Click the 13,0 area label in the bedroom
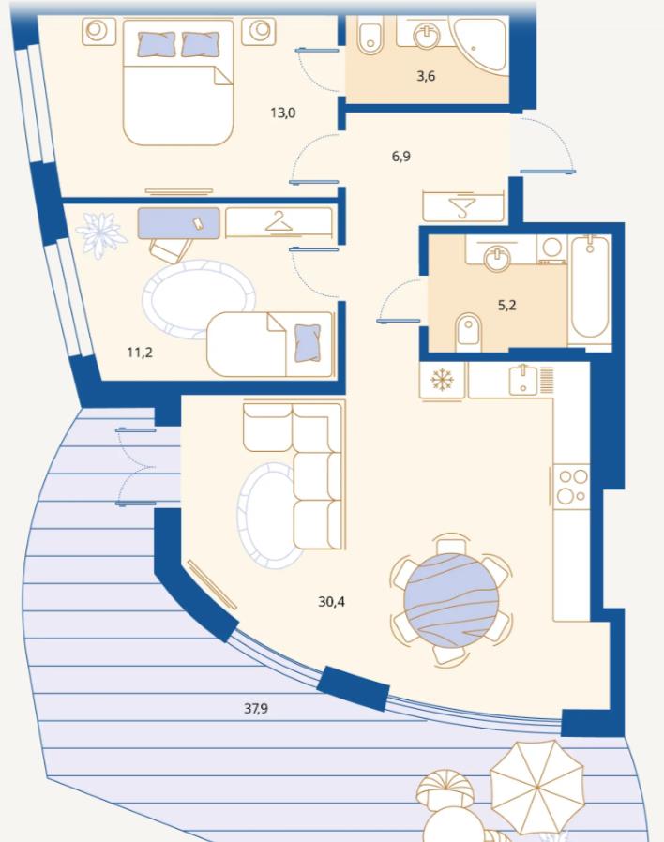[283, 113]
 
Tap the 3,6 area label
[426, 76]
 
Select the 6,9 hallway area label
[401, 157]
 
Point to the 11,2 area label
[140, 353]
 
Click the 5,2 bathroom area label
[506, 305]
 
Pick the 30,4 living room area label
[331, 601]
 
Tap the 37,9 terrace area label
[256, 708]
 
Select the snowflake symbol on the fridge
[442, 380]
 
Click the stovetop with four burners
[571, 487]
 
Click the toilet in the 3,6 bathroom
[370, 35]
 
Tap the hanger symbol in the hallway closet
[462, 206]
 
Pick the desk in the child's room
[179, 223]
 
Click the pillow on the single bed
[309, 341]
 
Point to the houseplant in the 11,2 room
[101, 234]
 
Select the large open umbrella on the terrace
[536, 785]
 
